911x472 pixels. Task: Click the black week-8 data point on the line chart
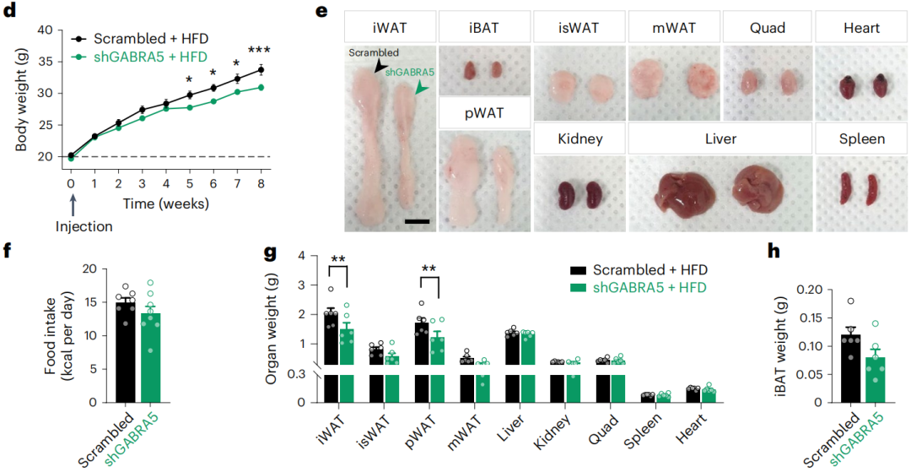point(261,69)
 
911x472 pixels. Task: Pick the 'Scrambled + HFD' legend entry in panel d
point(139,39)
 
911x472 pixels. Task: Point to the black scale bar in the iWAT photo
point(417,221)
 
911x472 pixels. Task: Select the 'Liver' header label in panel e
point(720,138)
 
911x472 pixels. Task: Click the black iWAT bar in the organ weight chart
point(332,355)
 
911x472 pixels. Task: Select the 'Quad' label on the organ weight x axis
point(602,421)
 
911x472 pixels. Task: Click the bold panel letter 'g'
point(271,251)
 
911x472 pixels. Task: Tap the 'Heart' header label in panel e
point(861,29)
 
